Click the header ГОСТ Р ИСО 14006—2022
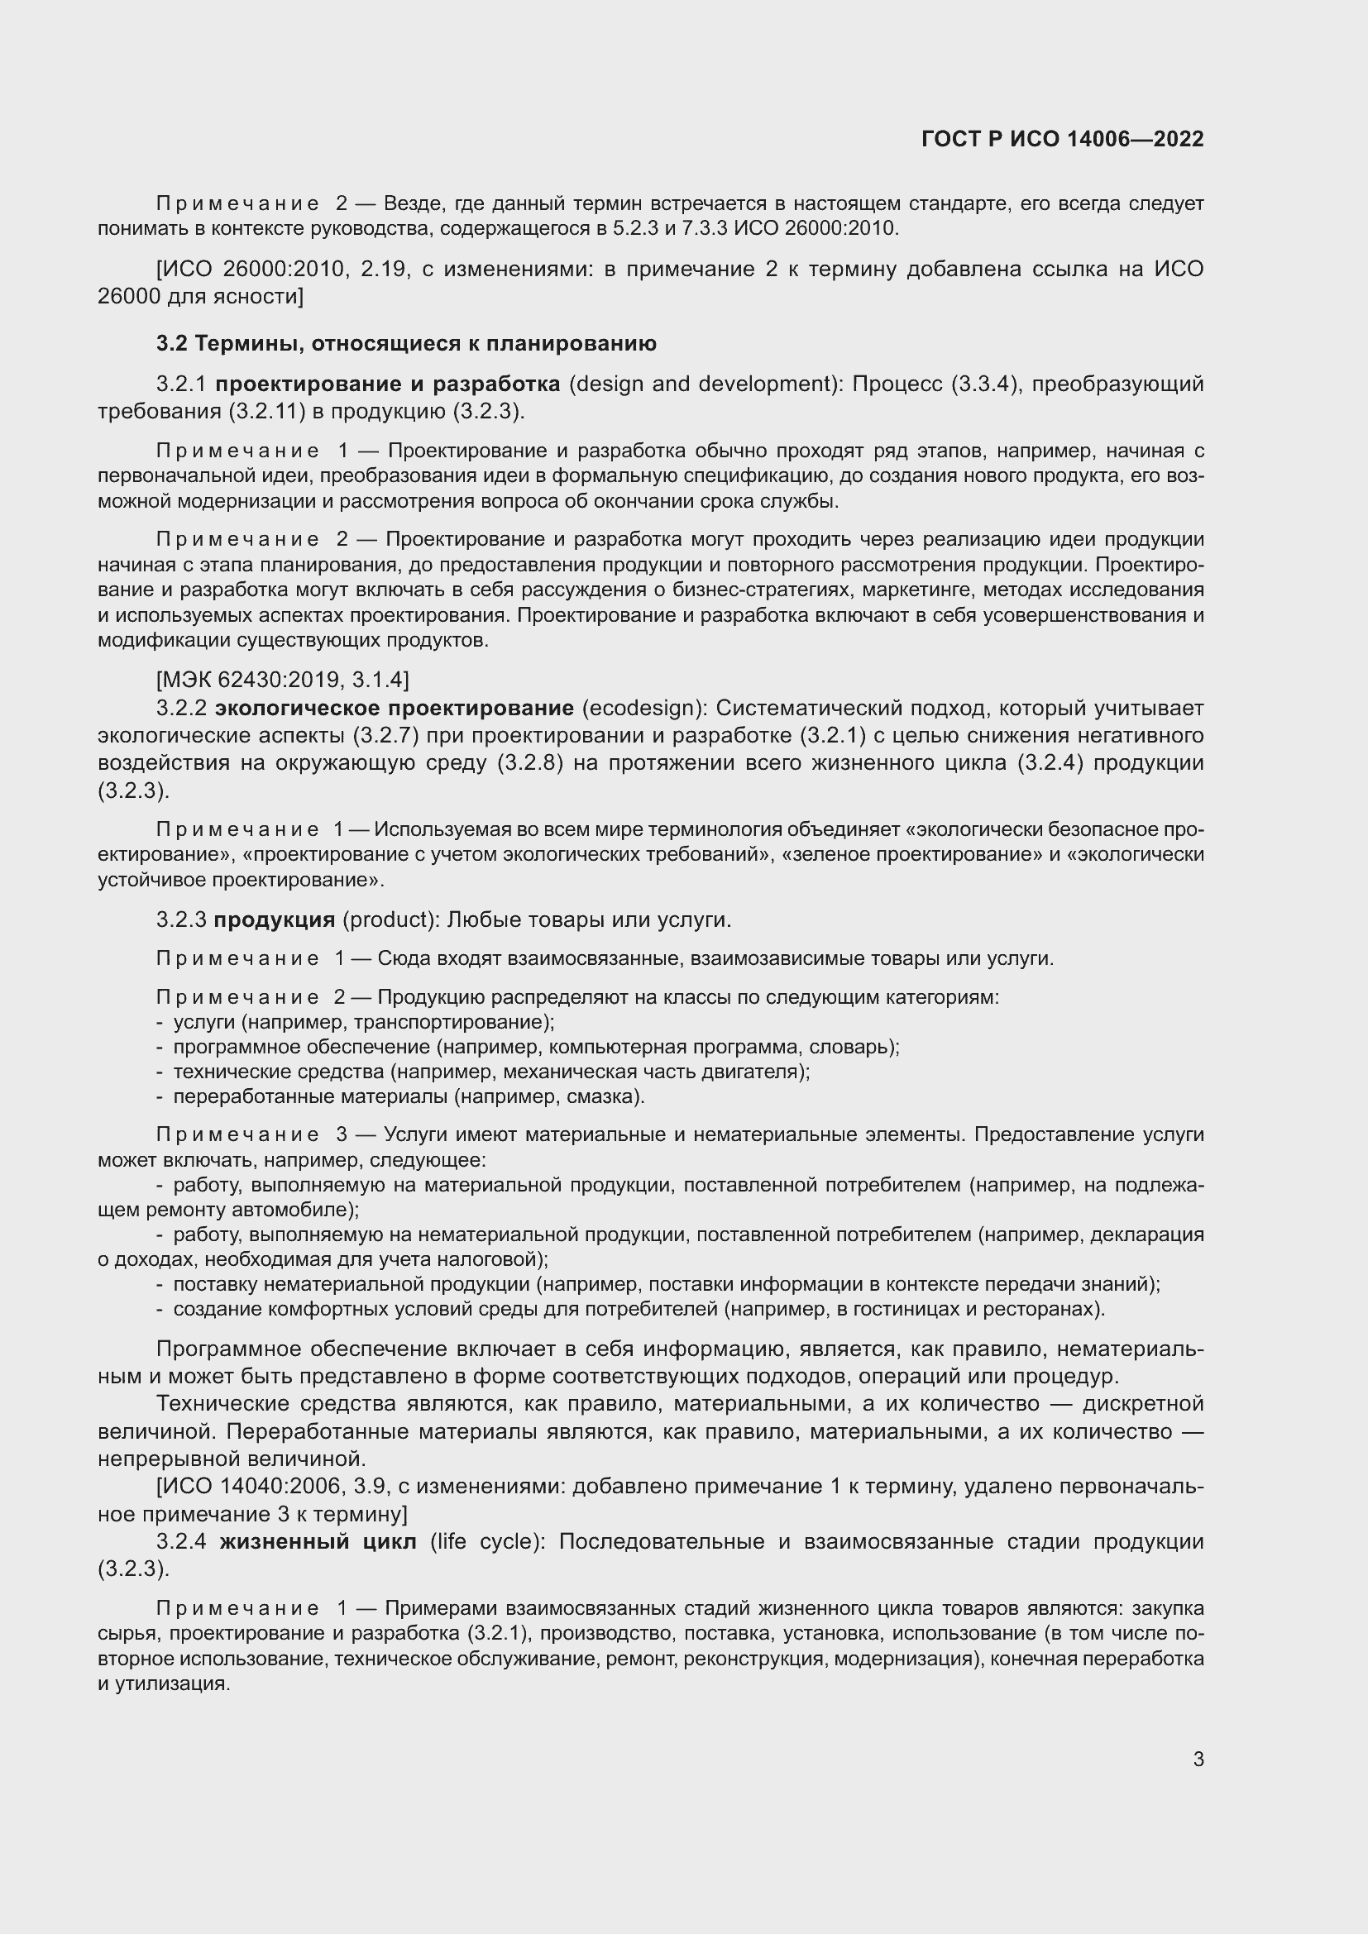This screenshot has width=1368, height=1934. click(1062, 139)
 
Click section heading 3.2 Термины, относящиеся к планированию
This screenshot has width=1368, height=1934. click(406, 344)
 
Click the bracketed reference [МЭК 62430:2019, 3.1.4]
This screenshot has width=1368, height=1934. click(283, 679)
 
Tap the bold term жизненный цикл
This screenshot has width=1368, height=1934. click(318, 1541)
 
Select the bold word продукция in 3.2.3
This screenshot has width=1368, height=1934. click(275, 919)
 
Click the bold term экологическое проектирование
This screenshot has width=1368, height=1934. click(395, 708)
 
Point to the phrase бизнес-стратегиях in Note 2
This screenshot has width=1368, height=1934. click(744, 590)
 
